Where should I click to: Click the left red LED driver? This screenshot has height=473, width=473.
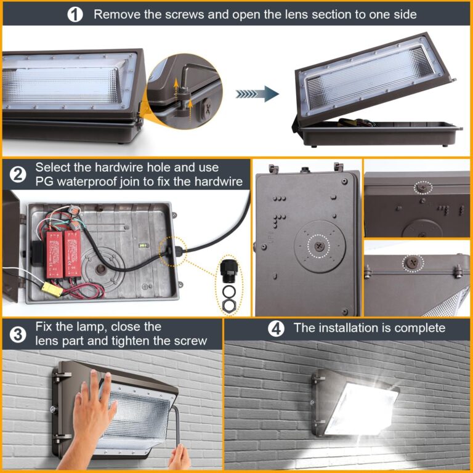tap(53, 246)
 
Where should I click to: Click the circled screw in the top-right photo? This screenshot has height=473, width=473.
tap(422, 185)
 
